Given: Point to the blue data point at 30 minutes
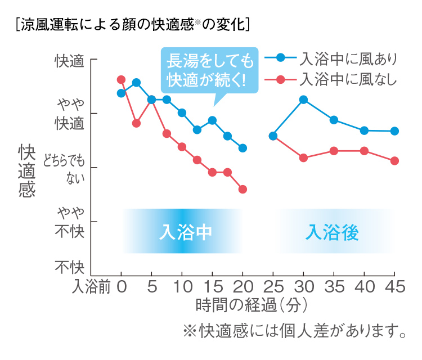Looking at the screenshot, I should (303, 100).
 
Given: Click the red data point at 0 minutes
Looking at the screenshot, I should (121, 79).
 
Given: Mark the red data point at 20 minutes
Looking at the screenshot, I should (243, 189).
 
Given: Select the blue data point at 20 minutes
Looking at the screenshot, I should (243, 148).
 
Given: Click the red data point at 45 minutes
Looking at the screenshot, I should (394, 161).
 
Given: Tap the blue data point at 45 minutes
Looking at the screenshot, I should (394, 131).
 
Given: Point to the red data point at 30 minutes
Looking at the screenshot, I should (303, 157).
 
